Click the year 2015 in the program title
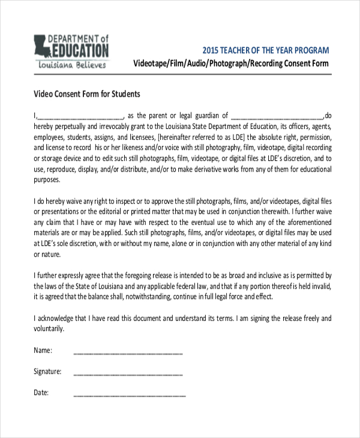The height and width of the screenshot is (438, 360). point(211,50)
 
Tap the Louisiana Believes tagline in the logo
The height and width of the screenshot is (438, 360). point(73,64)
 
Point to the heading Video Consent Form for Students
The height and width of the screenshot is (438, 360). point(86,94)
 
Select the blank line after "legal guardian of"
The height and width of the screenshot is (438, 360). point(277,116)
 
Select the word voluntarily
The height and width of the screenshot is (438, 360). point(49,329)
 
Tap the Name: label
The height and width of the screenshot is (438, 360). point(43,350)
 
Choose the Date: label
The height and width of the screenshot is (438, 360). point(41,393)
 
